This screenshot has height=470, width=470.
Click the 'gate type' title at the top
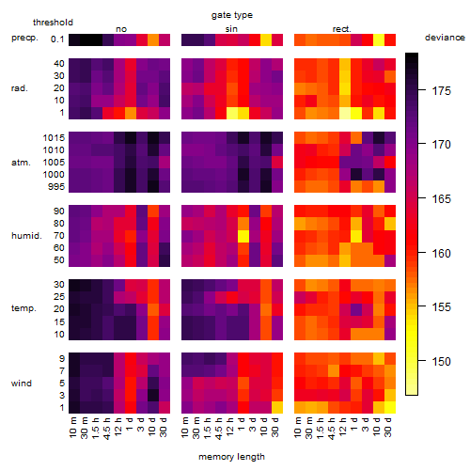232,15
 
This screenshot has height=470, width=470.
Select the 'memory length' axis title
231,457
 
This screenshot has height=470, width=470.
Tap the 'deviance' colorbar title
445,38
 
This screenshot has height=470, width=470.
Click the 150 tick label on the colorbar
442,362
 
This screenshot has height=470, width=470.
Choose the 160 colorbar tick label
442,253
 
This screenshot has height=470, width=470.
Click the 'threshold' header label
53,23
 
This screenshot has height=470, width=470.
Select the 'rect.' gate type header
342,29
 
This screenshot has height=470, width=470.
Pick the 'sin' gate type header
231,29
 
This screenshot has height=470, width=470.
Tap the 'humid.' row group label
26,236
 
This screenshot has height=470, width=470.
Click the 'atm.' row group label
21,163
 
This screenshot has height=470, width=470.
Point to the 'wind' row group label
22,384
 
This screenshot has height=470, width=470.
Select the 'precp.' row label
24,38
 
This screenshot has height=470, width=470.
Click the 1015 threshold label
54,138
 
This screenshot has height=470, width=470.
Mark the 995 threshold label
56,187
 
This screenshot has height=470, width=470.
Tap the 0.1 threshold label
57,39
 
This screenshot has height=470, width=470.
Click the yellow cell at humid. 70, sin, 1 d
243,236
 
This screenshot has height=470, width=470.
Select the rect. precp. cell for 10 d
379,39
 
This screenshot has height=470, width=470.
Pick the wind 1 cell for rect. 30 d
390,407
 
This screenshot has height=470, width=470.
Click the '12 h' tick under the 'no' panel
119,427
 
